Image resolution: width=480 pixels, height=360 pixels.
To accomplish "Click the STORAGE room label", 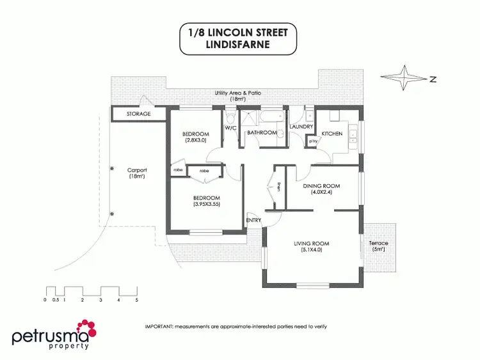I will pyautogui.click(x=138, y=114).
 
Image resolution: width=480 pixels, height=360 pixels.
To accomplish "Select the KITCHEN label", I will pyautogui.click(x=332, y=134).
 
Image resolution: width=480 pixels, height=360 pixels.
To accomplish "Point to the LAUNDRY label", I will pyautogui.click(x=301, y=127).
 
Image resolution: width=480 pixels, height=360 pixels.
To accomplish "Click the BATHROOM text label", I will pyautogui.click(x=262, y=132).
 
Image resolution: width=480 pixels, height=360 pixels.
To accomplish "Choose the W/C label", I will pyautogui.click(x=230, y=127).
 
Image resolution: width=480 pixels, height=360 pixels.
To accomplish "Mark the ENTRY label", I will pyautogui.click(x=253, y=221).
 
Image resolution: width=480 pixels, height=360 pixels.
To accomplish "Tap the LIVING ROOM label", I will pyautogui.click(x=311, y=244).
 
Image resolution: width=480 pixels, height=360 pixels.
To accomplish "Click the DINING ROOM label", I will pyautogui.click(x=321, y=186).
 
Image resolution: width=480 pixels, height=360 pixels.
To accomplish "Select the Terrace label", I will pyautogui.click(x=379, y=244).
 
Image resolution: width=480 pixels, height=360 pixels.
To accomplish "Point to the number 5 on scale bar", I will pyautogui.click(x=137, y=299).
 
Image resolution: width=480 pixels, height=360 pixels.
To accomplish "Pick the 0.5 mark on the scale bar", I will pyautogui.click(x=56, y=299).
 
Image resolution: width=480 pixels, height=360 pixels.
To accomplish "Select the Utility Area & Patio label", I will pyautogui.click(x=237, y=93).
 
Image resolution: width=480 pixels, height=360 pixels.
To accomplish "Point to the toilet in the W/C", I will pyautogui.click(x=230, y=118).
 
